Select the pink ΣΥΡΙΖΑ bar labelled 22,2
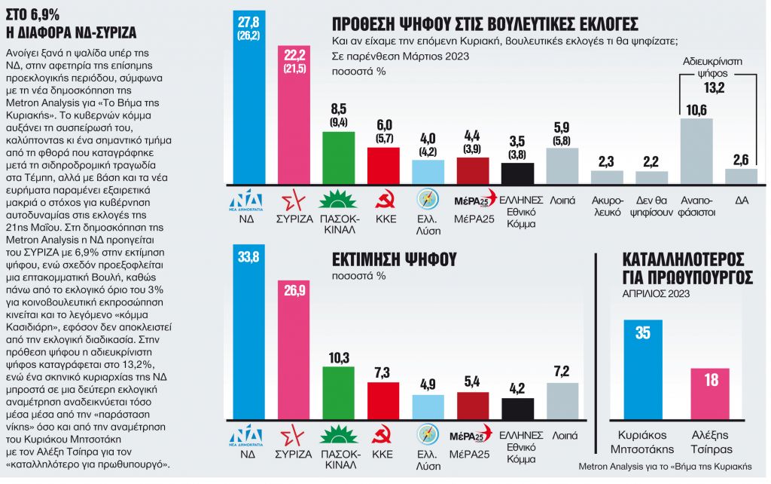[294, 121]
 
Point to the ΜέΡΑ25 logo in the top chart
[474, 200]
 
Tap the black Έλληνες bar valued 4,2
[517, 408]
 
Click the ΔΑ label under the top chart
[740, 201]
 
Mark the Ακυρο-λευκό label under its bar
[606, 207]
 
